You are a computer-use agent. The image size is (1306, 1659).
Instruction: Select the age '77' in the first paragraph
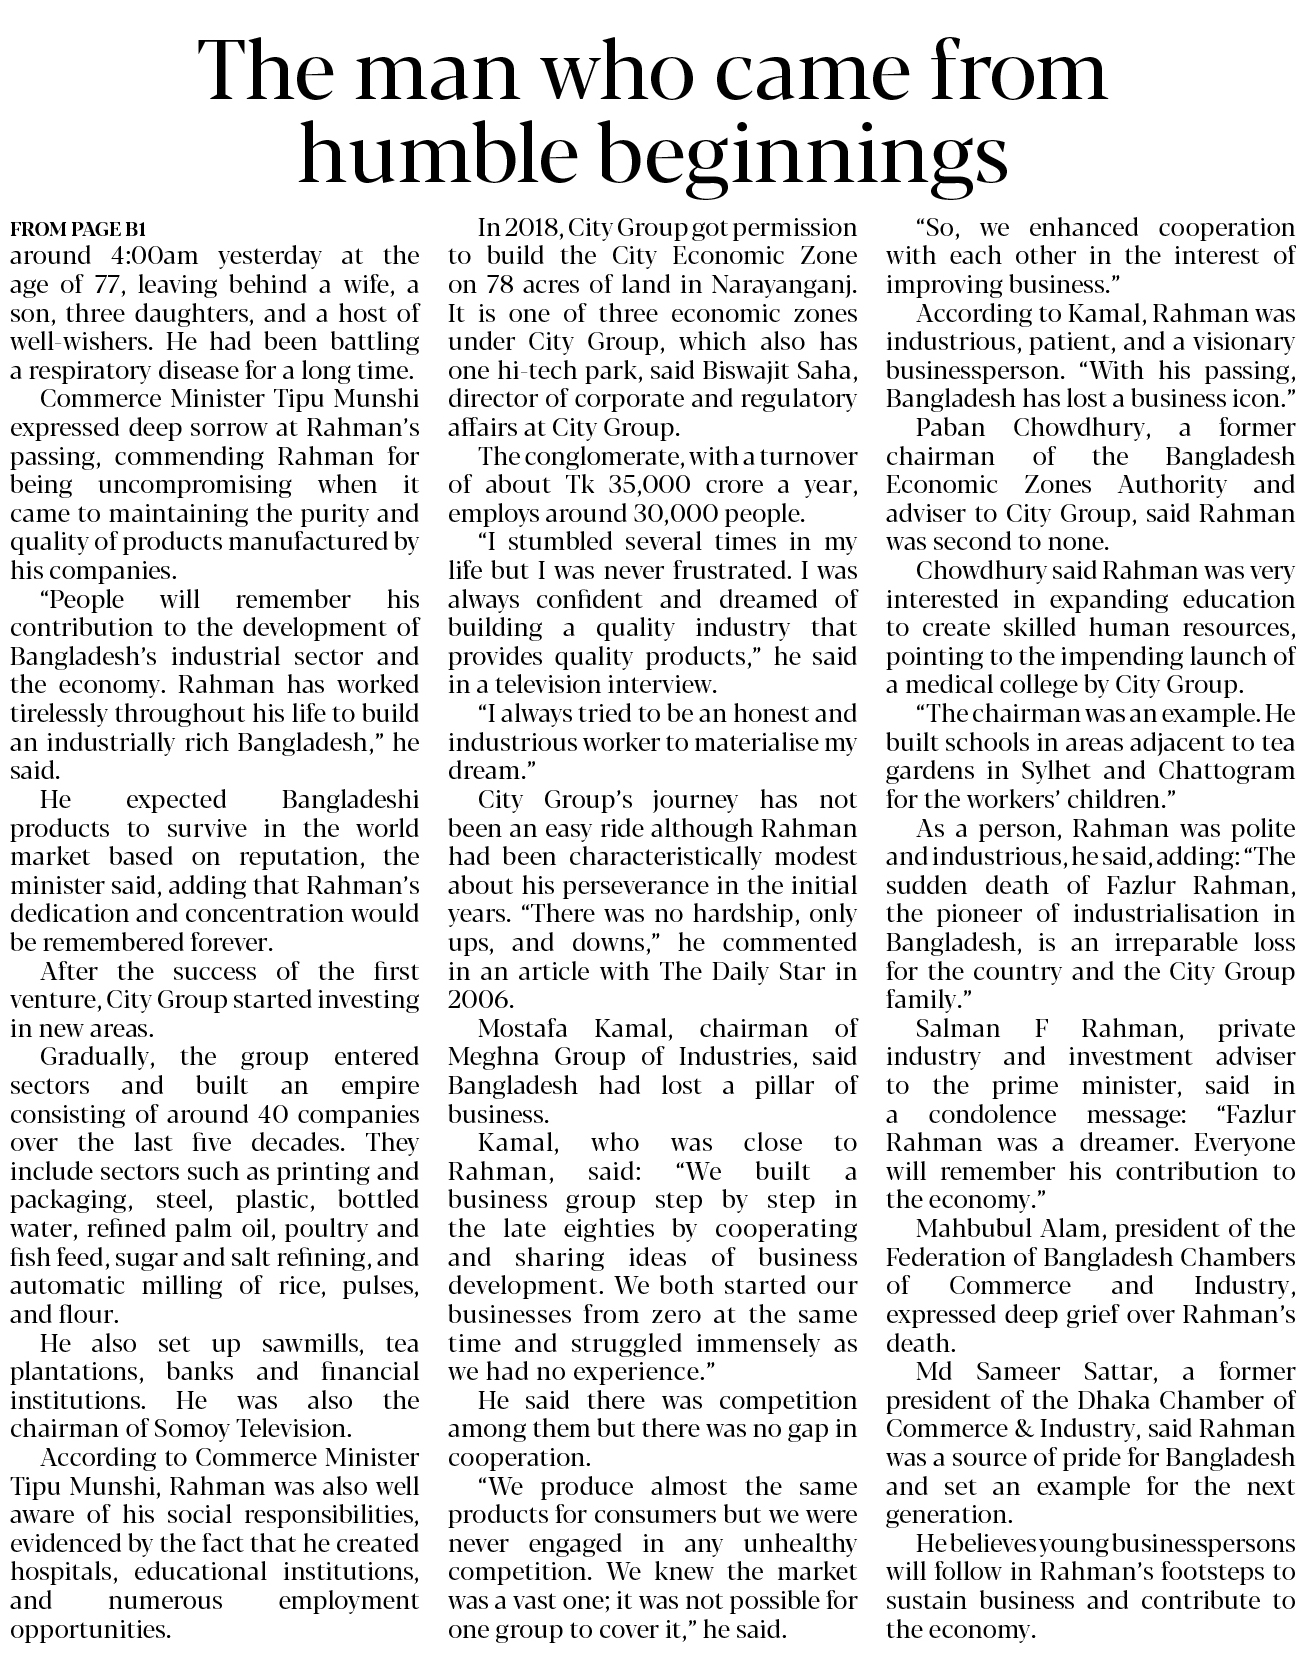106,284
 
